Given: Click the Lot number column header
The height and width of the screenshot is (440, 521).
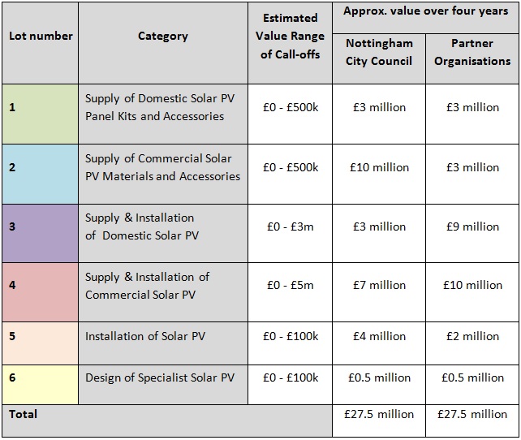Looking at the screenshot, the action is tap(41, 36).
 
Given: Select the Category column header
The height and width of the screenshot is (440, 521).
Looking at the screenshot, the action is tap(163, 36).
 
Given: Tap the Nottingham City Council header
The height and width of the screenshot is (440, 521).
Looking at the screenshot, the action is tap(379, 52).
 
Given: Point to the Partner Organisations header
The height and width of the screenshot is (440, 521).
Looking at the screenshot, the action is tap(472, 52).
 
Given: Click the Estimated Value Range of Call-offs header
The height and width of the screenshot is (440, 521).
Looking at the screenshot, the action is tap(290, 36).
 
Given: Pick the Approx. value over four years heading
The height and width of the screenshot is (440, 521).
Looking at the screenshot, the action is tap(425, 11).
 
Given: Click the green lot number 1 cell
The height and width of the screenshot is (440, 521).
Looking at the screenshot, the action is tap(41, 114).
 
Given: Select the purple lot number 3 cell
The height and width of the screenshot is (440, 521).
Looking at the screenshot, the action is tap(41, 233).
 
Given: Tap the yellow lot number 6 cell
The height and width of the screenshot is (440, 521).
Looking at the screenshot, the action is tap(41, 385).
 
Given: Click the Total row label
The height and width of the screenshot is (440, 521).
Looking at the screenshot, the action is tap(23, 414).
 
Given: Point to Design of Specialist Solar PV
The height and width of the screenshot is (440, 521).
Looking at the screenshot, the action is tap(160, 377).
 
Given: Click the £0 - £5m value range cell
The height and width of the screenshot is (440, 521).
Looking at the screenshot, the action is tap(290, 285).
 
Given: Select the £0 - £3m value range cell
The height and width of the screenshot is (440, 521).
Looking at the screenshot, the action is tap(290, 226).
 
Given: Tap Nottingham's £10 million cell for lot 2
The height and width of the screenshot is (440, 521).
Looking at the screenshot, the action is tap(379, 167).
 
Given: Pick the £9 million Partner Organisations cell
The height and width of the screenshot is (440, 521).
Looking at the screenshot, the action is tap(472, 226).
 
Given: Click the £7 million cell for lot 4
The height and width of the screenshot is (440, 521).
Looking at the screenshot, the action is tap(379, 285).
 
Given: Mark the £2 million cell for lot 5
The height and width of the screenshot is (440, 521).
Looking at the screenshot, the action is tap(472, 336).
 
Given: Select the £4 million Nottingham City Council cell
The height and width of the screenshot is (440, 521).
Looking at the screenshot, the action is tap(379, 336).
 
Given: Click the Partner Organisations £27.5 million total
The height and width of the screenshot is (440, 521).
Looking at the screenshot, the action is tap(472, 414).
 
